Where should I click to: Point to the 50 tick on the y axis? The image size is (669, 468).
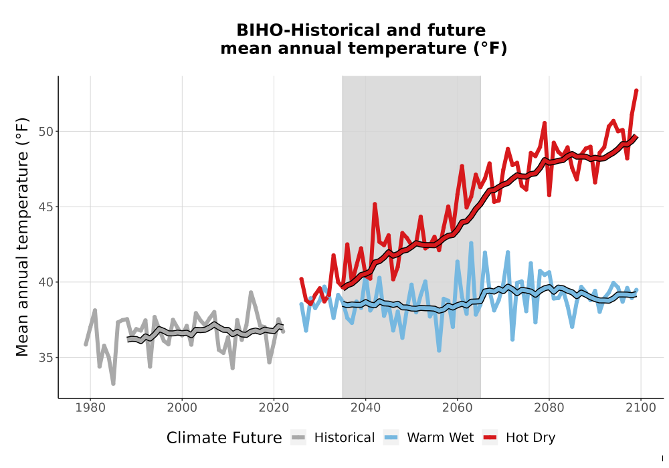[x=46, y=132]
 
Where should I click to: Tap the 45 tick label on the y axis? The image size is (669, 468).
[x=46, y=207]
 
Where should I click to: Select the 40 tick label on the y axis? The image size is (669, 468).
[x=46, y=282]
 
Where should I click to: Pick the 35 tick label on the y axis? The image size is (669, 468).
[x=46, y=358]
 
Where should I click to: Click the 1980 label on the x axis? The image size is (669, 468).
[x=90, y=408]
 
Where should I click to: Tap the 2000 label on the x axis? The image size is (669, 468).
[x=182, y=408]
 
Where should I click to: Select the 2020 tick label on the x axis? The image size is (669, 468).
[x=274, y=408]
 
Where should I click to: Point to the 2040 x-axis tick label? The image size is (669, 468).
[x=366, y=408]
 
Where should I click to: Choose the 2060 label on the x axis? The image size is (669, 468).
[x=458, y=408]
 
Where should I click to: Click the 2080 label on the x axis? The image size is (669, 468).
[x=549, y=408]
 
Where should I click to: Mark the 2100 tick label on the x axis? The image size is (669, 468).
[x=641, y=408]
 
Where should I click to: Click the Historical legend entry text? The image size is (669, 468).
[x=345, y=438]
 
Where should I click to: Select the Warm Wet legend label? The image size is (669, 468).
[x=440, y=438]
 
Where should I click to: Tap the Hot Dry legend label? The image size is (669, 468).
[x=531, y=438]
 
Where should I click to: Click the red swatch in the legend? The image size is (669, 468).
[x=490, y=438]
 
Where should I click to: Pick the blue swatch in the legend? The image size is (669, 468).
[x=391, y=438]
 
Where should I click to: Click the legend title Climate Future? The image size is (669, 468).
[x=224, y=438]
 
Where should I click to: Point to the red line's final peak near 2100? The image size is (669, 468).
[x=637, y=90]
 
